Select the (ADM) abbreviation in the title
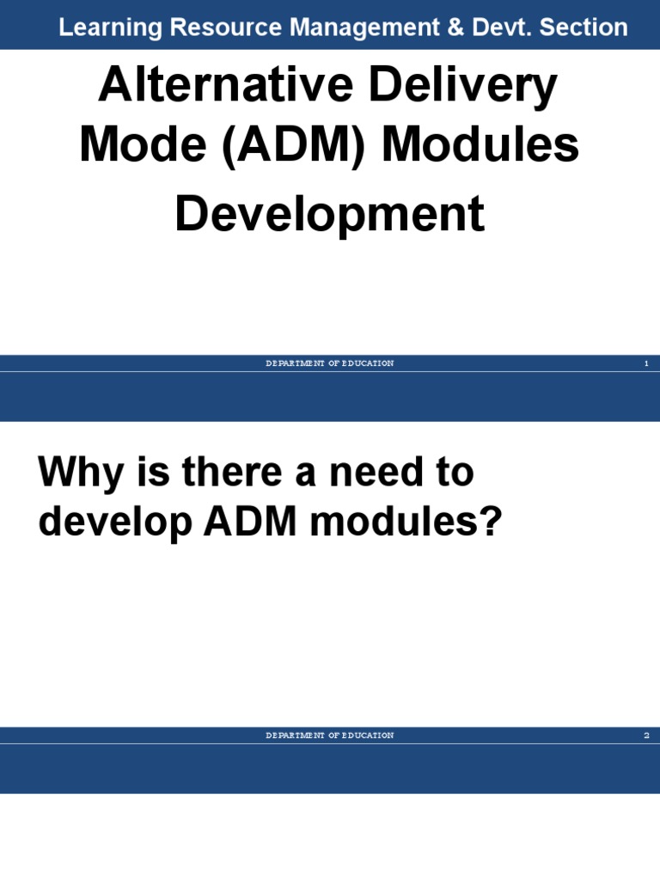click(283, 147)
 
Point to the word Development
click(330, 215)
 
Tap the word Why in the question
click(78, 474)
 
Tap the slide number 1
click(645, 364)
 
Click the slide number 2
click(645, 736)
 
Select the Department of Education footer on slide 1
click(330, 364)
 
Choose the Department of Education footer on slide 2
click(330, 736)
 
